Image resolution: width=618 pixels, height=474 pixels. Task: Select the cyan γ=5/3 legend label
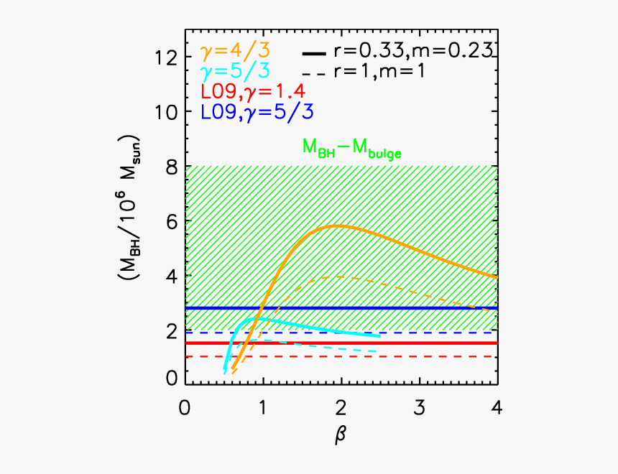231,73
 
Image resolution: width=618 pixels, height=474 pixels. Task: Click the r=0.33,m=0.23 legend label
412,51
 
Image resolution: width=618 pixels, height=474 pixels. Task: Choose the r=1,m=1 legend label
389,72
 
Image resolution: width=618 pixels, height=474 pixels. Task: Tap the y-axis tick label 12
166,57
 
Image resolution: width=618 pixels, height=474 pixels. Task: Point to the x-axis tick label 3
419,407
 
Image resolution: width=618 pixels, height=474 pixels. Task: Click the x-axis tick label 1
263,407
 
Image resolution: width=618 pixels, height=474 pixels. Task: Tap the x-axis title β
341,435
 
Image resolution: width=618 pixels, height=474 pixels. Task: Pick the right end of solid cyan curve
380,335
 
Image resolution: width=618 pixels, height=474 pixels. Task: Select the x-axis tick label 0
185,407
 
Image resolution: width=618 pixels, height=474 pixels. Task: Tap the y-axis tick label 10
166,112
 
